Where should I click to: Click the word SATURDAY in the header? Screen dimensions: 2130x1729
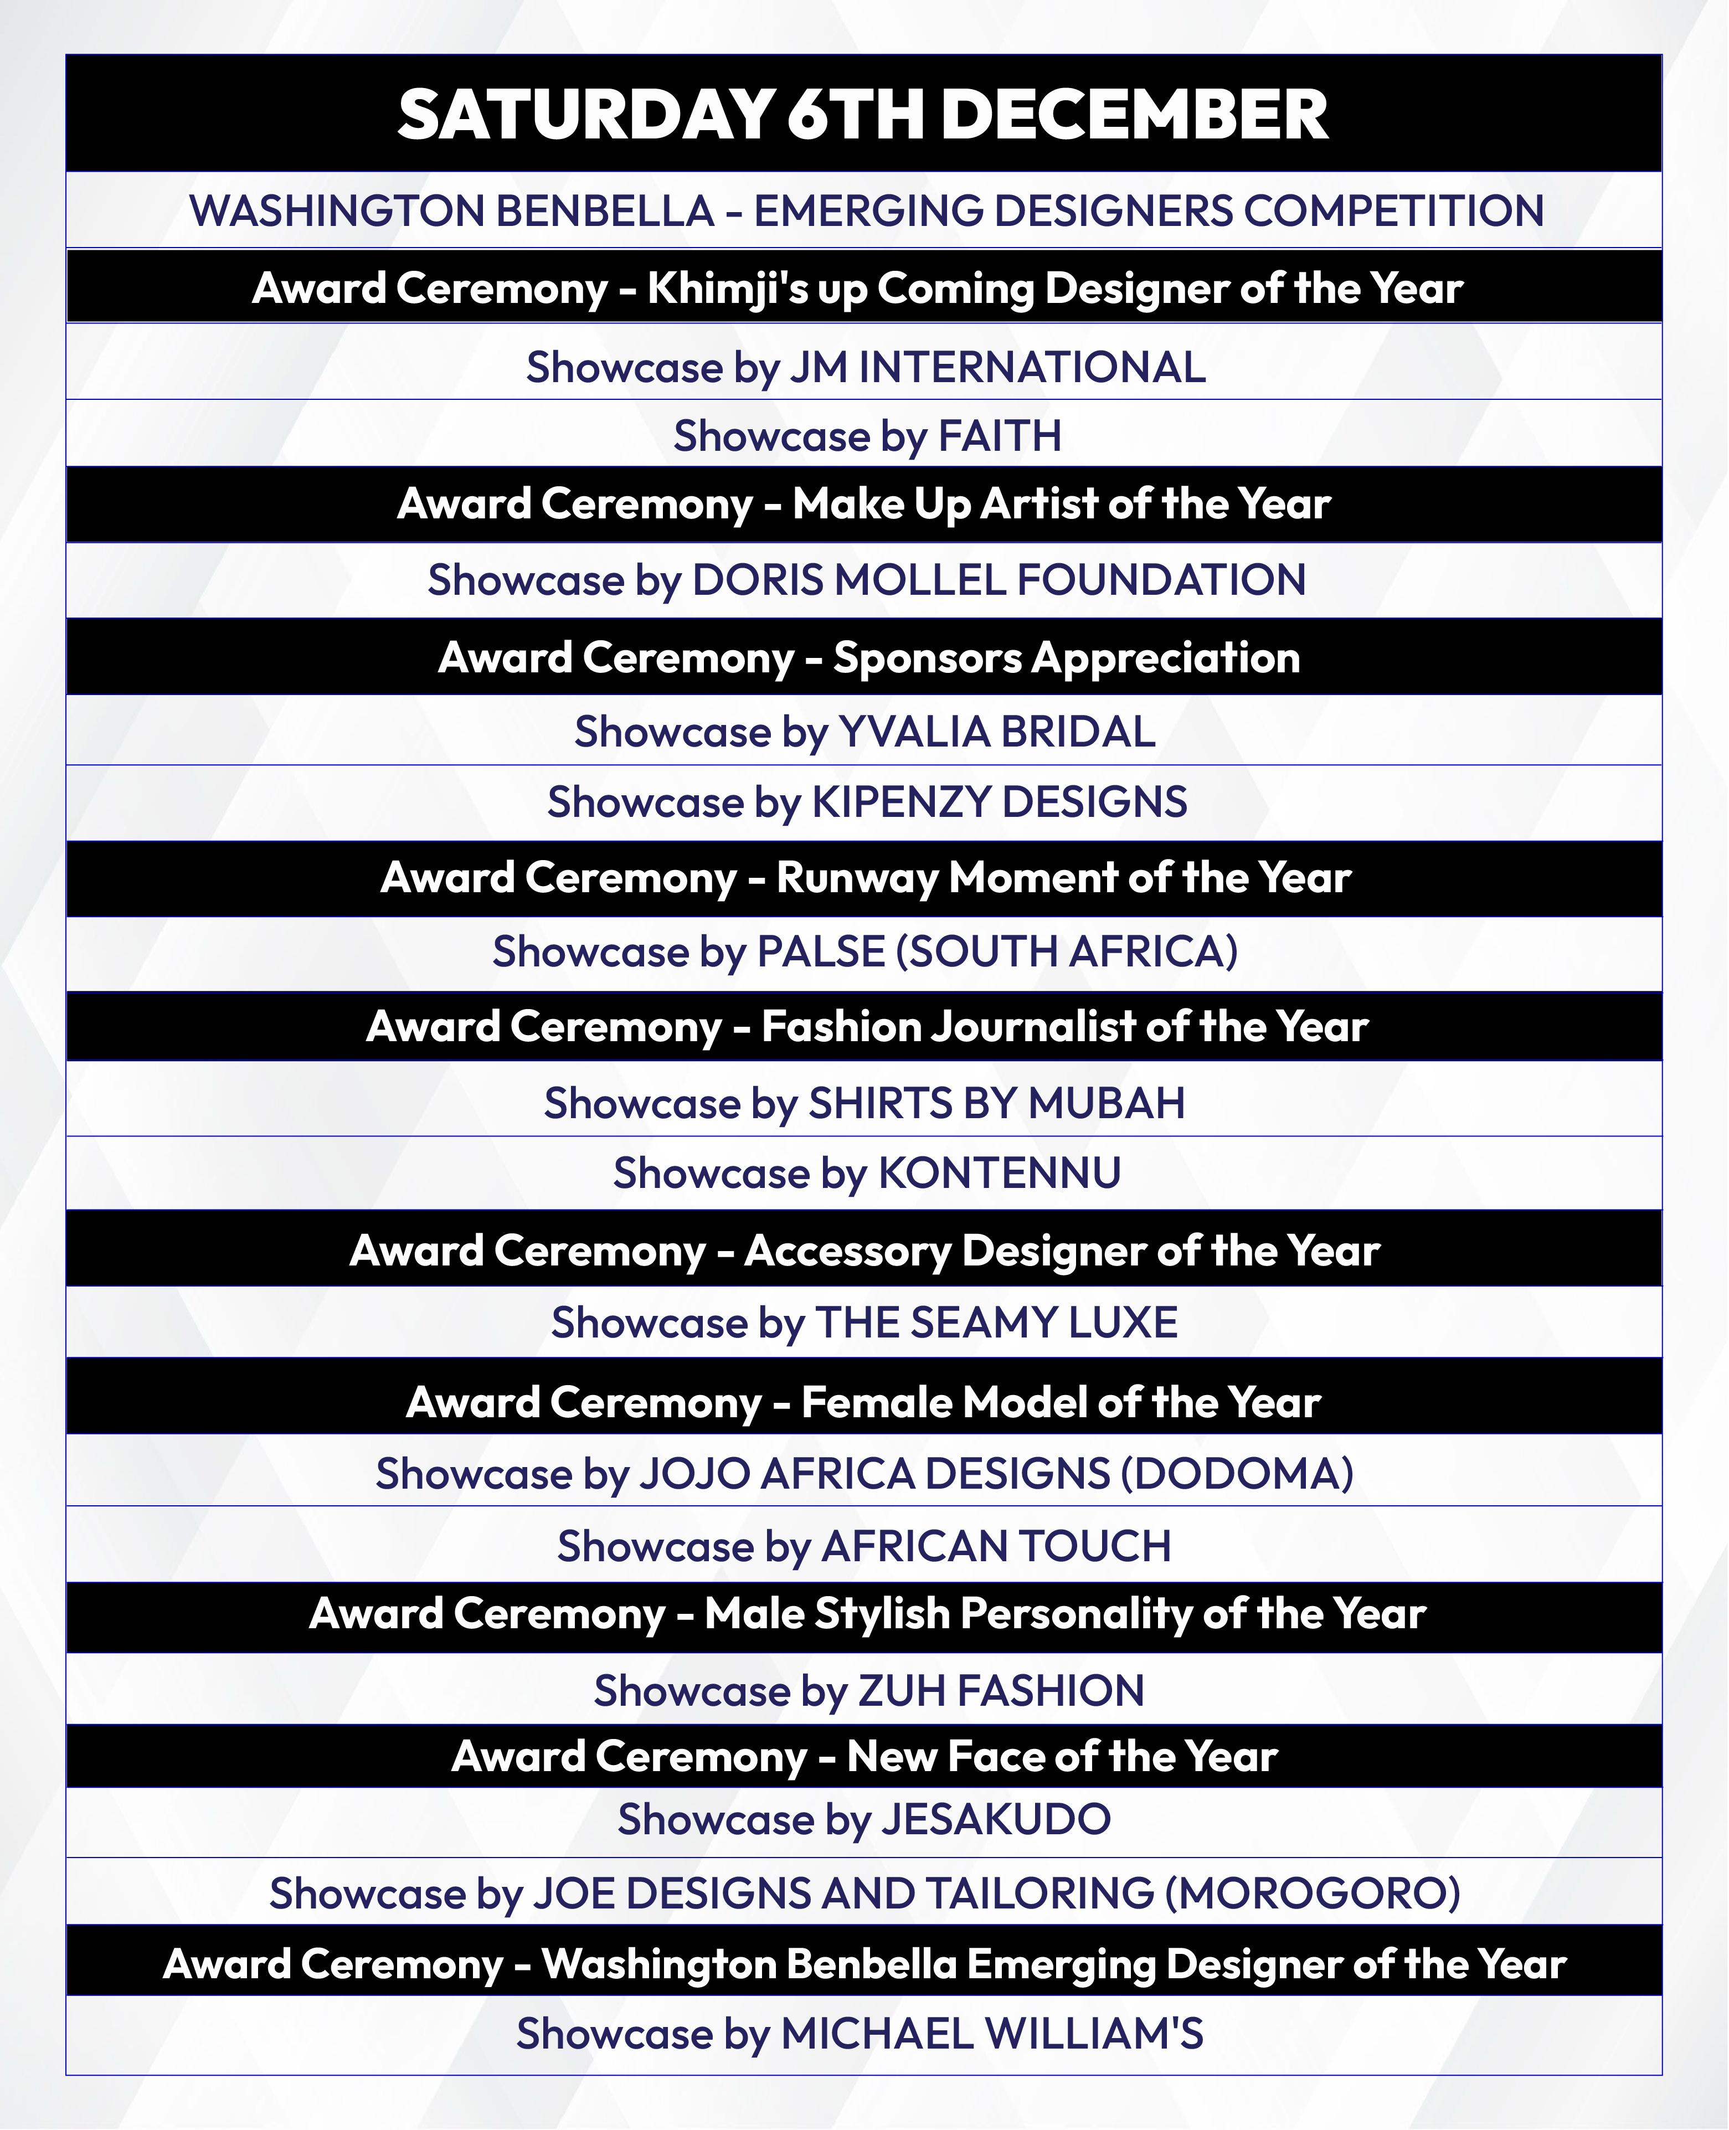pyautogui.click(x=585, y=115)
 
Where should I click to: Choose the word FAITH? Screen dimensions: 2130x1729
pyautogui.click(x=1000, y=436)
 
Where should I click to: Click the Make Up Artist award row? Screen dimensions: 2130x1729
pyautogui.click(x=863, y=504)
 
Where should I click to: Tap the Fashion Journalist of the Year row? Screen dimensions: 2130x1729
pyautogui.click(x=867, y=1027)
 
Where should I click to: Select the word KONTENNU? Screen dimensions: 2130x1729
pyautogui.click(x=999, y=1173)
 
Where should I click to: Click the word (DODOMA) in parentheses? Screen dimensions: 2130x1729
pyautogui.click(x=1237, y=1474)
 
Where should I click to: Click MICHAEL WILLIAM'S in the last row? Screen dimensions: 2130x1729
pyautogui.click(x=992, y=2034)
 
